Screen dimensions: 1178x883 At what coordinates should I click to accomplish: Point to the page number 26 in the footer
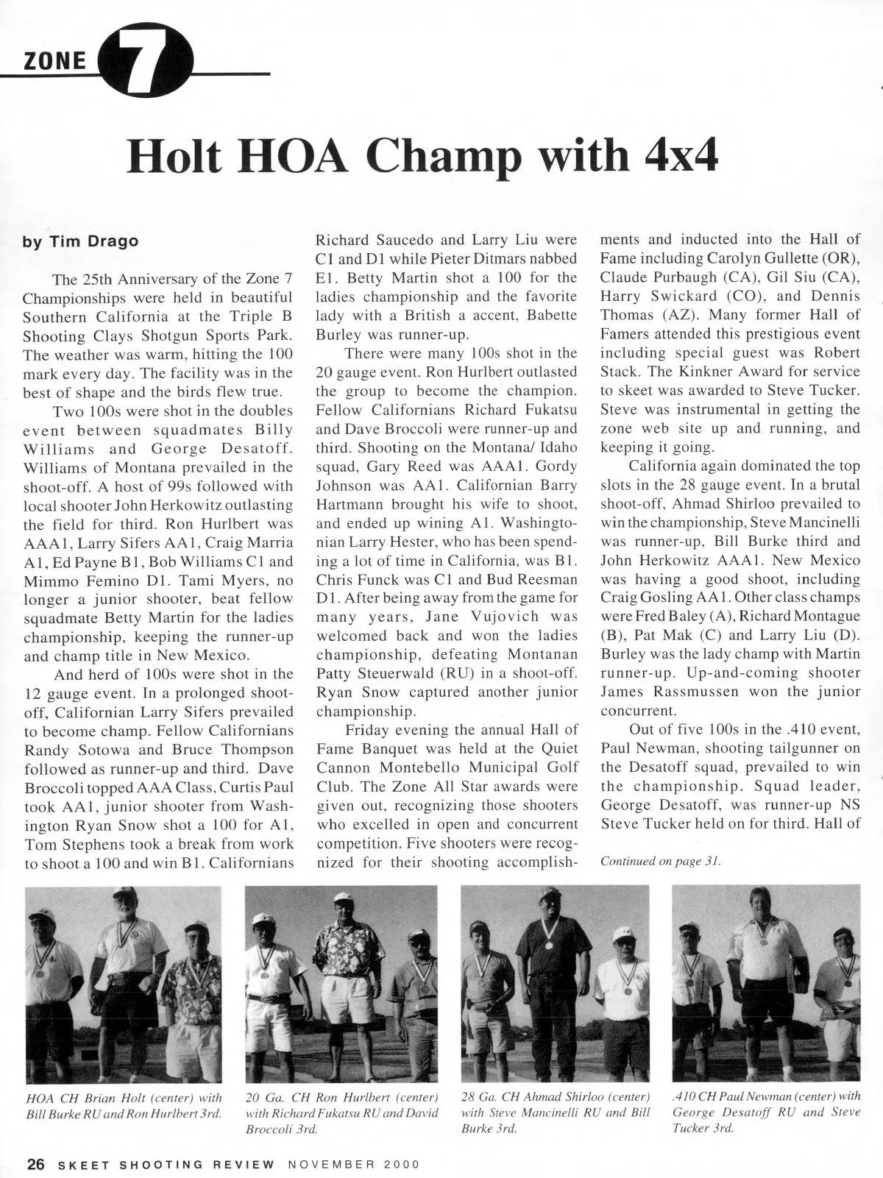point(37,1164)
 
